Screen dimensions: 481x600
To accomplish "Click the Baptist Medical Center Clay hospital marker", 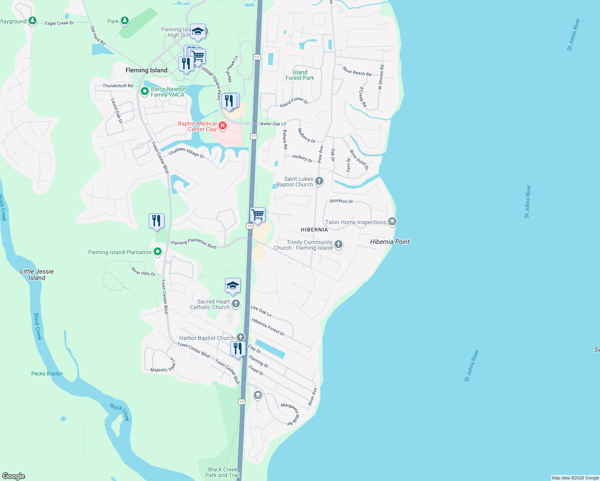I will coord(223,126).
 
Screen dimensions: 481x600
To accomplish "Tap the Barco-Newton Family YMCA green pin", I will coord(145,91).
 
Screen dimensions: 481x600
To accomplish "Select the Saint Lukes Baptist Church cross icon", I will coord(319,181).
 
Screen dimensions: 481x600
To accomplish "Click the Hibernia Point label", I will coord(390,242).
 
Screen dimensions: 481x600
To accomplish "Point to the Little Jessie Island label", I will coord(37,275).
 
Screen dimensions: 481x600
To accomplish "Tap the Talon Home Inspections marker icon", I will coord(392,221).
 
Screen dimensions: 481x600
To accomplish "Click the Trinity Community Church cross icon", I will coord(339,245).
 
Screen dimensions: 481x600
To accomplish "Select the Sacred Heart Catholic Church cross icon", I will coord(236,304).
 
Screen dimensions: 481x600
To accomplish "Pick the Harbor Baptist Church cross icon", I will coord(241,338).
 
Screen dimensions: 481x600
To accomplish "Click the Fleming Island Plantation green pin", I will coord(158,252).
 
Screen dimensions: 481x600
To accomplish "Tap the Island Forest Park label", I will coord(300,75).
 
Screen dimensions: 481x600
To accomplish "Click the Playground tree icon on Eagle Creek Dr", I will coord(32,20).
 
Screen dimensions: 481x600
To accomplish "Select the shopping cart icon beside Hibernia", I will coord(257,215).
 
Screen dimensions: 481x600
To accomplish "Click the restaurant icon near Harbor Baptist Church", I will coord(238,349).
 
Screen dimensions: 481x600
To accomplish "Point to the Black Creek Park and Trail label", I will coord(223,472).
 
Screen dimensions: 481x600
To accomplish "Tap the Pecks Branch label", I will coord(47,374).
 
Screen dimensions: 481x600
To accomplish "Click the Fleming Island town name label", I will coord(146,70).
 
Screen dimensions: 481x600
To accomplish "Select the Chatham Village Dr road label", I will coord(186,153).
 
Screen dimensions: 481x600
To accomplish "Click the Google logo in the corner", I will coord(14,476).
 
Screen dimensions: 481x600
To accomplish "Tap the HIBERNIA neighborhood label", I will coord(314,230).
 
